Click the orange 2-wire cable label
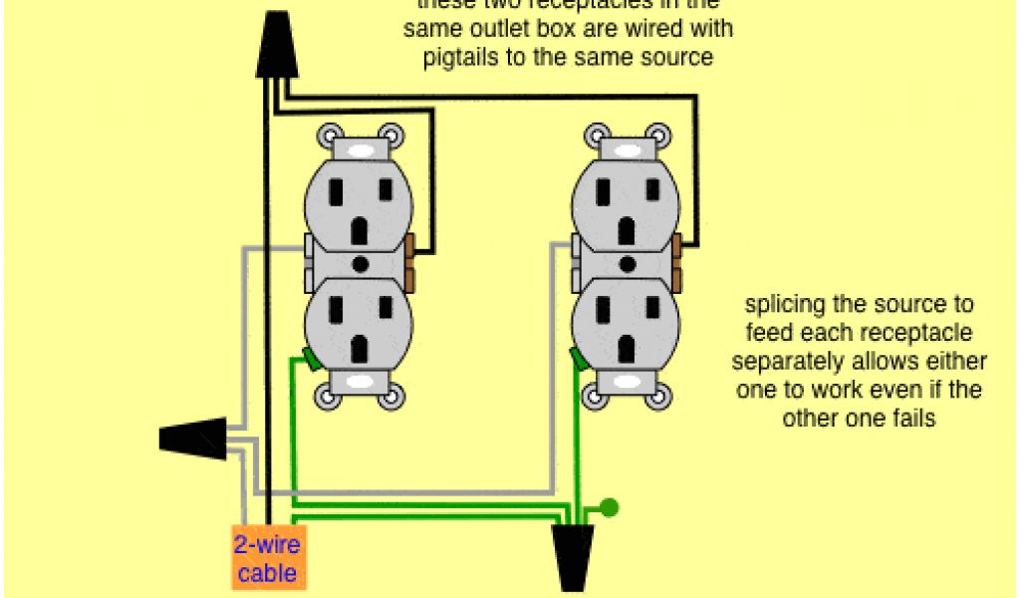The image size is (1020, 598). tap(266, 558)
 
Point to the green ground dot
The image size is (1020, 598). tap(610, 507)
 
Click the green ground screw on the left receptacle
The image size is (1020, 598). tap(309, 359)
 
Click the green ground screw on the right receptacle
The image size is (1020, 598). tap(577, 359)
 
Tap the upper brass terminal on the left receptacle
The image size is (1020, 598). tap(410, 245)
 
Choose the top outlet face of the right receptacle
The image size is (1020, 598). tap(627, 204)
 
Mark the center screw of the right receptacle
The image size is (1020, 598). tap(628, 265)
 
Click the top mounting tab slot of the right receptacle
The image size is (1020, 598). tap(628, 149)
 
